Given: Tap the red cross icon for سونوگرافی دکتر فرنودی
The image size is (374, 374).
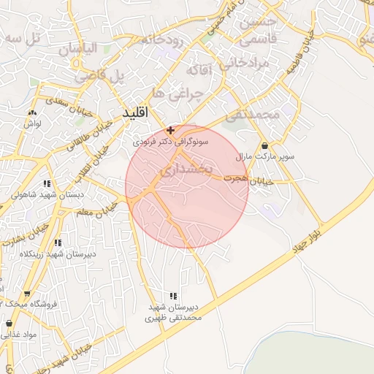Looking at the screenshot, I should pos(170,129).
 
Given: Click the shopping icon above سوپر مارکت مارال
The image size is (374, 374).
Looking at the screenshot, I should pos(263,145).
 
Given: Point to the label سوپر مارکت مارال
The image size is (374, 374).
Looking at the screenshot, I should pos(264,157).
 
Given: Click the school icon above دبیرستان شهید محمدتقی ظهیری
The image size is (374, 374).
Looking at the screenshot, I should pos(173,296).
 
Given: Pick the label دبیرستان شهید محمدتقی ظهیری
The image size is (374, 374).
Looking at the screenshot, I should pos(172,313).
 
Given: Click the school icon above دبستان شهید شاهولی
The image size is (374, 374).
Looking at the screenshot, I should pos(47,184).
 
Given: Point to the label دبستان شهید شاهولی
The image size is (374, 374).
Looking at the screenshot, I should pos(47,196).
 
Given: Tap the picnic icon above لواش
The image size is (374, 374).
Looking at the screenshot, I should pos(32,113).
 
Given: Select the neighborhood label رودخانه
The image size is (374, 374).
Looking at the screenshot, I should pos(162,38).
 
